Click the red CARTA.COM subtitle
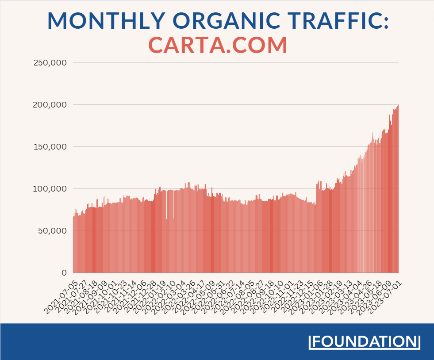click(218, 45)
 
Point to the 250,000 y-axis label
click(50, 63)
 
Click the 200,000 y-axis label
click(50, 105)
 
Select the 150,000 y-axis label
click(50, 147)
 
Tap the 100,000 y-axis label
click(50, 189)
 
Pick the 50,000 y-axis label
click(52, 231)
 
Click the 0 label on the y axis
click(64, 273)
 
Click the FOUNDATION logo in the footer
click(364, 342)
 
